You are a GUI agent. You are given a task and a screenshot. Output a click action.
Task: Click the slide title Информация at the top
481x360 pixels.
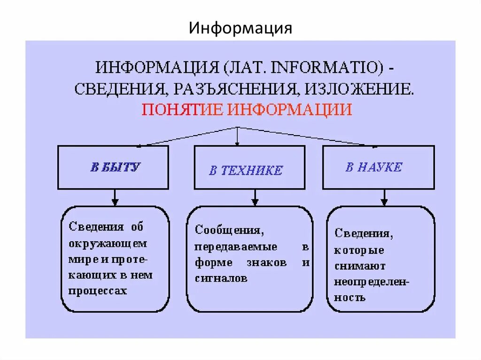pos(240,28)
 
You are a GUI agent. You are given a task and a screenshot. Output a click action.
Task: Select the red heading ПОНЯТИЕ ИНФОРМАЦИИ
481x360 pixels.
pos(247,109)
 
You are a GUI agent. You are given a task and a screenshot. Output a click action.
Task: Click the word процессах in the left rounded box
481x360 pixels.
pos(98,291)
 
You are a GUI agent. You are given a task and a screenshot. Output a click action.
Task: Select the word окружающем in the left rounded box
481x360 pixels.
pos(108,244)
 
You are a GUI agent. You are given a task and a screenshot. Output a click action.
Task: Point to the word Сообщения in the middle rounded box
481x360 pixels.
pos(228,230)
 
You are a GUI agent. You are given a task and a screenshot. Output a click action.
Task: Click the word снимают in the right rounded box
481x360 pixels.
pos(360,266)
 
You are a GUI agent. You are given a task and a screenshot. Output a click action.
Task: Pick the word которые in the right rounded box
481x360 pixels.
pos(359,250)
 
